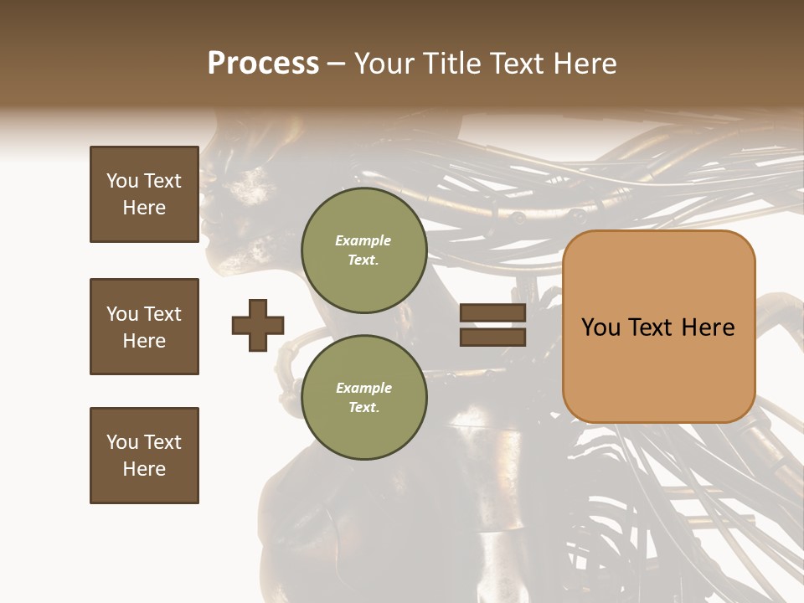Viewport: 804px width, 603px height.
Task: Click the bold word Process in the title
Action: (263, 64)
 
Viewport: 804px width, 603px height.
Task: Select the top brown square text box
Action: (144, 194)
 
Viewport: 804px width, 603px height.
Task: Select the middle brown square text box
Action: (144, 327)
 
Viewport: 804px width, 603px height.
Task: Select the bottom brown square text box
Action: (144, 456)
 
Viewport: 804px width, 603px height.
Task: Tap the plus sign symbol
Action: (258, 325)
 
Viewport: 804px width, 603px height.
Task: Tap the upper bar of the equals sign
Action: (492, 313)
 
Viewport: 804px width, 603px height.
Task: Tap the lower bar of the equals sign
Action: (492, 337)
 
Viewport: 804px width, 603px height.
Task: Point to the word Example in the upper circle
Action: (363, 241)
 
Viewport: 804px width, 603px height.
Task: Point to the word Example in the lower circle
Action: (363, 389)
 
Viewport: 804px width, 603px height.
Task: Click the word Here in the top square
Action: (144, 208)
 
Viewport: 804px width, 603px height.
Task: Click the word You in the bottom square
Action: (121, 442)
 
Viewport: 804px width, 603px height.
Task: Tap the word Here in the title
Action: (586, 64)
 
